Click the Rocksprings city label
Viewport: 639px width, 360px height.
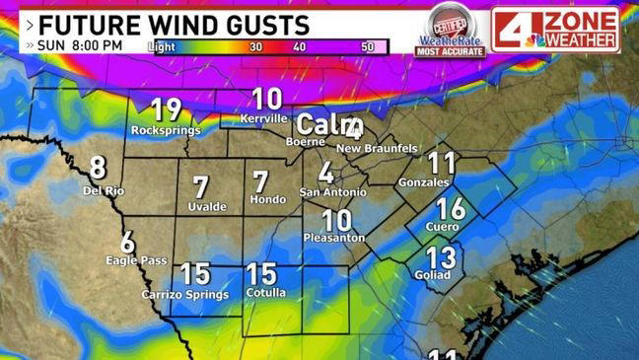pyautogui.click(x=165, y=130)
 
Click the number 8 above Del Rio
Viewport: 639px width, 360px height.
pyautogui.click(x=98, y=168)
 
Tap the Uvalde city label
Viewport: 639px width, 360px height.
pyautogui.click(x=207, y=206)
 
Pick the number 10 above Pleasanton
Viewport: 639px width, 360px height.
pyautogui.click(x=336, y=220)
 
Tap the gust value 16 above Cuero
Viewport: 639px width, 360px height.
pyautogui.click(x=450, y=208)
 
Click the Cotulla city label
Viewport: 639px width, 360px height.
pyautogui.click(x=261, y=294)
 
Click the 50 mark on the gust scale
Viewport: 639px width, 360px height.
pyautogui.click(x=368, y=46)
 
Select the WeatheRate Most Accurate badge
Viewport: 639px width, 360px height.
pyautogui.click(x=449, y=32)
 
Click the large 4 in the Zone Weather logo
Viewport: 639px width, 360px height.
pyautogui.click(x=511, y=30)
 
